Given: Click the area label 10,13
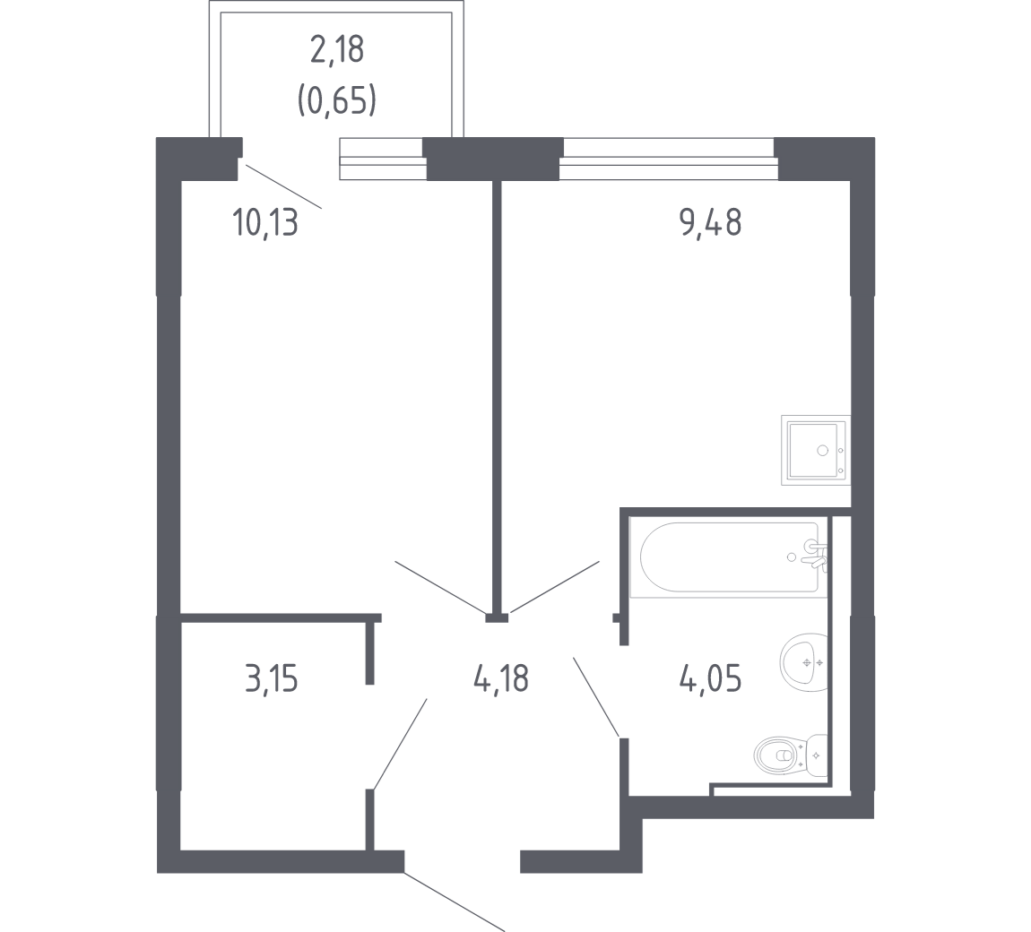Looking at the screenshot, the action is [x=265, y=223].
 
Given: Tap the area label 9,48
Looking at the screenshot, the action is [x=710, y=223].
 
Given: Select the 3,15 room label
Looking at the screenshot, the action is [x=271, y=679].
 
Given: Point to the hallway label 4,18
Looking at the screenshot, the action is [x=501, y=678].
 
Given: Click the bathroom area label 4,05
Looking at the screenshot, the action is [x=711, y=678].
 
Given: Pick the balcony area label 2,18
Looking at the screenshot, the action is [x=337, y=50].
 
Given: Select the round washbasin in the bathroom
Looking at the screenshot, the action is [x=803, y=662].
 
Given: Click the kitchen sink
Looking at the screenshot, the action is [x=816, y=450].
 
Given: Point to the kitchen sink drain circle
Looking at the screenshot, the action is [x=822, y=450].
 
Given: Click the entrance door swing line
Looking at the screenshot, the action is [x=455, y=902].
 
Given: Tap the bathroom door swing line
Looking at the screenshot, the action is [x=596, y=696].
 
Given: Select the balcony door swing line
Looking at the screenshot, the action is [x=284, y=186].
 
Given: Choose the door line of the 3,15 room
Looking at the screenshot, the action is [x=400, y=744].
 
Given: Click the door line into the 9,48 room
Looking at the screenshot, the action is [x=554, y=587].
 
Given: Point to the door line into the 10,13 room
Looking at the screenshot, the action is [x=440, y=587].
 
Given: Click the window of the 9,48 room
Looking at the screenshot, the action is [x=668, y=159].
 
